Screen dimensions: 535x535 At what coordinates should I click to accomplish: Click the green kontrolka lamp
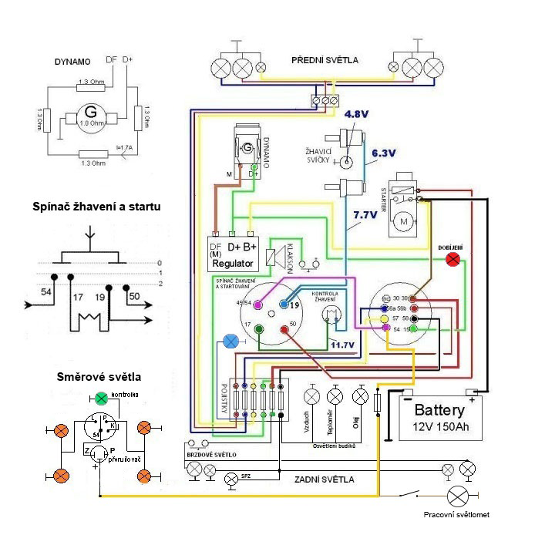click(x=101, y=399)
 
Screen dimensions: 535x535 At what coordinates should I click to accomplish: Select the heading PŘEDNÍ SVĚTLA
click(x=324, y=60)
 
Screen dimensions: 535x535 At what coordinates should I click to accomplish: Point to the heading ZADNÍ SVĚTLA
click(x=325, y=479)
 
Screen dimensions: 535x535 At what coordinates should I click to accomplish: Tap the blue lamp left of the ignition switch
click(x=230, y=341)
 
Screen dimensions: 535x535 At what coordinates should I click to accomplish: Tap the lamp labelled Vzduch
click(x=311, y=396)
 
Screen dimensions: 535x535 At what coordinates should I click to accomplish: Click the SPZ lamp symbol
click(x=230, y=479)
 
